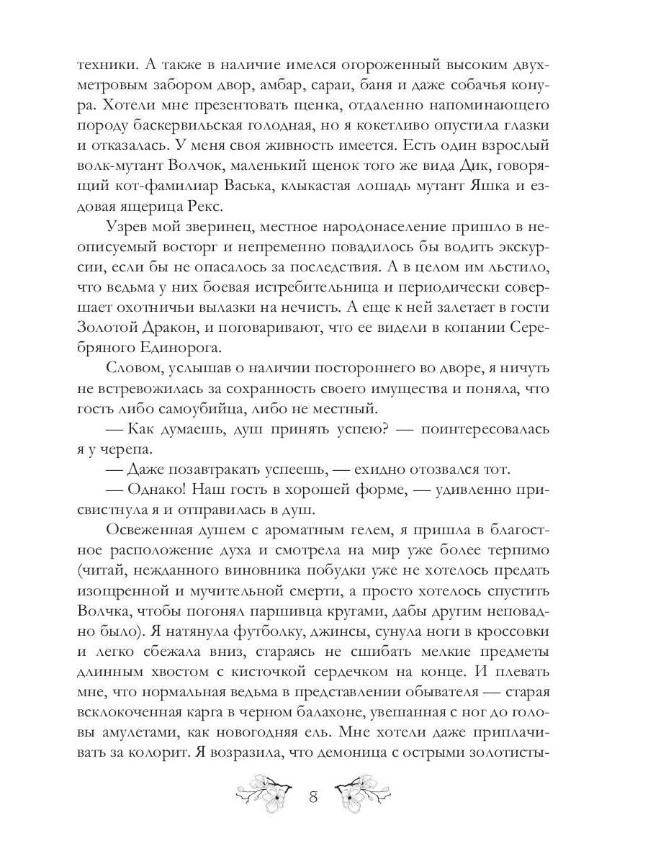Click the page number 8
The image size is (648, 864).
point(313,797)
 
